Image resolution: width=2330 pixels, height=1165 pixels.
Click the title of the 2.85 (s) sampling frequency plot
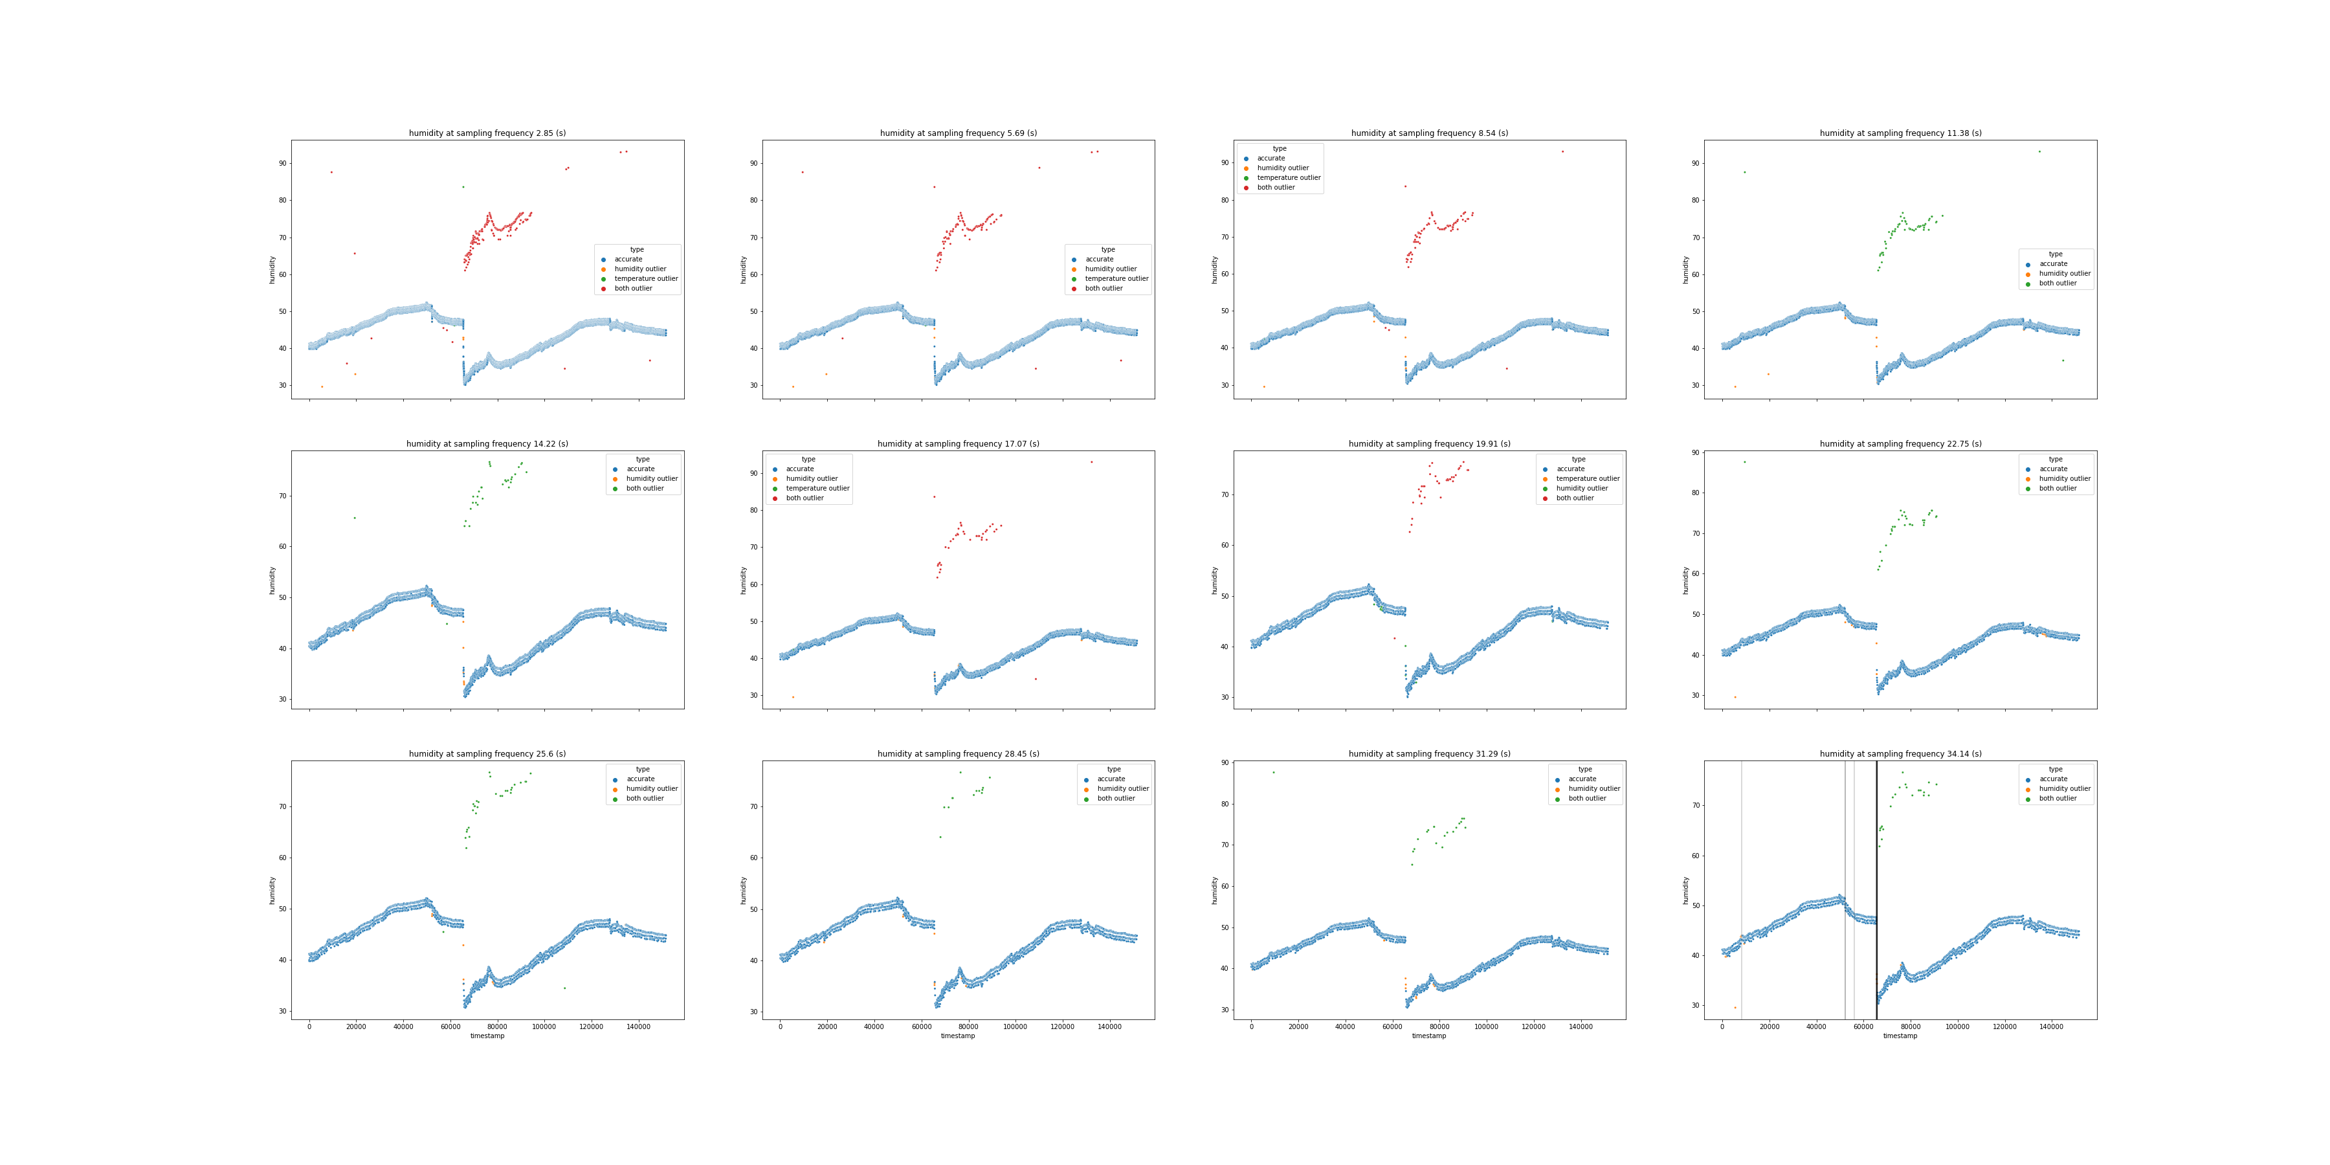[487, 133]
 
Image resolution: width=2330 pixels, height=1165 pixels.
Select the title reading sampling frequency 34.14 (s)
[1900, 753]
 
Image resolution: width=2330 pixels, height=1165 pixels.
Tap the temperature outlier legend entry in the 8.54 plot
[1288, 177]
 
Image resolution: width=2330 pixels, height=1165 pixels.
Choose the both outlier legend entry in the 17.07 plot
[804, 498]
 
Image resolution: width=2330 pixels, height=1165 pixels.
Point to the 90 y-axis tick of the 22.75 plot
[1695, 452]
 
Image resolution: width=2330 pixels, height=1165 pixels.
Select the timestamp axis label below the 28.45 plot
[958, 1036]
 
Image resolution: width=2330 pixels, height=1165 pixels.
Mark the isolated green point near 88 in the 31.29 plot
[1274, 772]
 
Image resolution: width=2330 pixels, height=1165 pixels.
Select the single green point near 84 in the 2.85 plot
[463, 187]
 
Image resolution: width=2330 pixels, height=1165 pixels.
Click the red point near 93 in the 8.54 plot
[1562, 151]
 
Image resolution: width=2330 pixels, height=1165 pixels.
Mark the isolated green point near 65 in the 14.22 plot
[355, 517]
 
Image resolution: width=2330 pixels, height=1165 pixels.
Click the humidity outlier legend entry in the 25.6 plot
[651, 789]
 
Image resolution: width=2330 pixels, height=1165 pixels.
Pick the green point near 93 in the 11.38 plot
[2039, 151]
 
